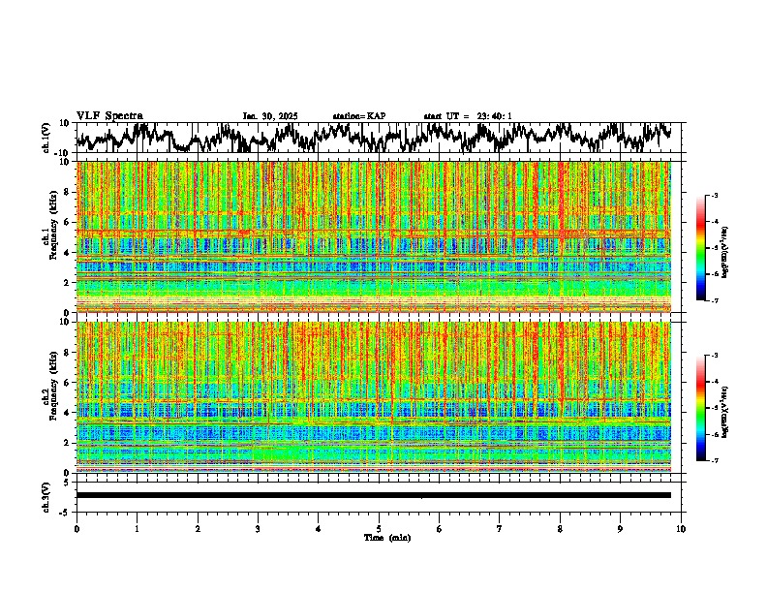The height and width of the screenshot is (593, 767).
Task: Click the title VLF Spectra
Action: (x=109, y=115)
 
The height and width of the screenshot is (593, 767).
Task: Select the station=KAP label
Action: (x=358, y=116)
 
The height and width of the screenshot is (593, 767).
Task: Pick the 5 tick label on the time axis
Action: (x=379, y=528)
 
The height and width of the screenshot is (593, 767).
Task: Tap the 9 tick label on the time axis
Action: (x=621, y=528)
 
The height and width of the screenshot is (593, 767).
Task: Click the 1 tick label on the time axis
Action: (x=137, y=528)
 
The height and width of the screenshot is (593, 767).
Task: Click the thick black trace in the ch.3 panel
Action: (x=374, y=495)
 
